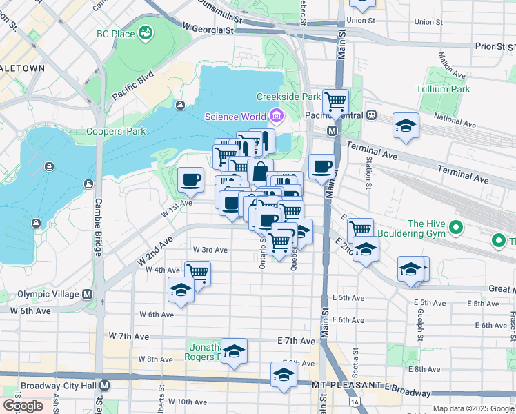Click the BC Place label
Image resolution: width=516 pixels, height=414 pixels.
pos(115,32)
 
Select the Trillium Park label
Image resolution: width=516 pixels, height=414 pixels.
pos(443,89)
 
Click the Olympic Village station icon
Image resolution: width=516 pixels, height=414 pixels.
pos(88,294)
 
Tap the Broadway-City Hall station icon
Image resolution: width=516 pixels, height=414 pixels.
pos(105,385)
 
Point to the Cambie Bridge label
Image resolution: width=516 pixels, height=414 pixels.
pos(99,216)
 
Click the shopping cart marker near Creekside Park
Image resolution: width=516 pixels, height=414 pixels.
pos(335,102)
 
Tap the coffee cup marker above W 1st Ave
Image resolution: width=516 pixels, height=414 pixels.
pos(190,180)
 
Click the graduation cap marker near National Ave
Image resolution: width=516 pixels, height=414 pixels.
pos(406,126)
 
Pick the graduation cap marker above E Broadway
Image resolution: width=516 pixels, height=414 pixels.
pos(283,375)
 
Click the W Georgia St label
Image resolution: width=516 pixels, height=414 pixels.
pos(208,28)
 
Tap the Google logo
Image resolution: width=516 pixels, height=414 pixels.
pos(23,406)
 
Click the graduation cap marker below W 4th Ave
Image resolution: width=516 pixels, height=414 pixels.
pos(181,290)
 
